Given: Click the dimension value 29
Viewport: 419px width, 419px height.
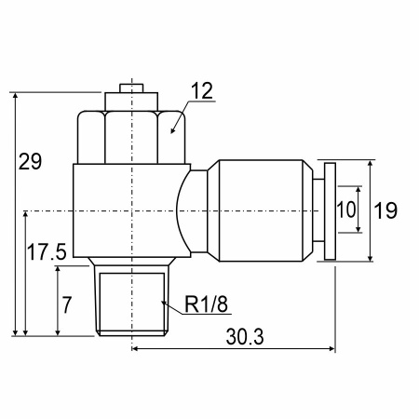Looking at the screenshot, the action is pyautogui.click(x=30, y=162).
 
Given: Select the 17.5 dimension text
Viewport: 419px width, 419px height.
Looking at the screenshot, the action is pyautogui.click(x=47, y=251).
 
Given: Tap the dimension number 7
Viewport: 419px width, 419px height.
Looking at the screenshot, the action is pyautogui.click(x=67, y=305).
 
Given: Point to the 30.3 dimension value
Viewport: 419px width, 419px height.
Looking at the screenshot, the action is pyautogui.click(x=245, y=337).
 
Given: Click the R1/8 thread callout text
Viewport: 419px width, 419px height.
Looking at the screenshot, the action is pyautogui.click(x=206, y=304).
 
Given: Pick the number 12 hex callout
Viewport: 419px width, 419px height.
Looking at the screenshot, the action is pyautogui.click(x=202, y=90).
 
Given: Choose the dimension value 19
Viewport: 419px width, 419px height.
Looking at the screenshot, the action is pyautogui.click(x=385, y=210).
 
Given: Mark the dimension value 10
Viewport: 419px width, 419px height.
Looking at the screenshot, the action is pyautogui.click(x=346, y=209).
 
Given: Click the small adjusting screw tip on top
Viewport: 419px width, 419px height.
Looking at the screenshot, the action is pyautogui.click(x=131, y=88).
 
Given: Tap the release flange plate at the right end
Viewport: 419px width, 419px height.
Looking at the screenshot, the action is pyautogui.click(x=330, y=211).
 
